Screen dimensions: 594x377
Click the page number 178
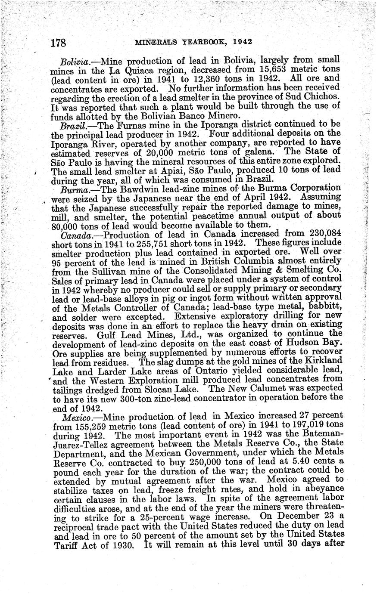tap(58, 43)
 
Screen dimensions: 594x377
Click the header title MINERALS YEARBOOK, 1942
tap(193, 42)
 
